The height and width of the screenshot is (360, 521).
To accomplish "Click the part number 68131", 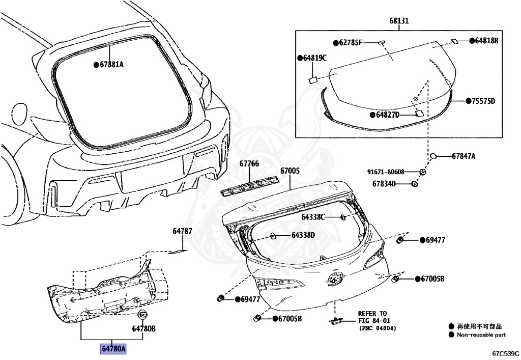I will pyautogui.click(x=399, y=21).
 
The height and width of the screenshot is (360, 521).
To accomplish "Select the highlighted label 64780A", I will pyautogui.click(x=113, y=349).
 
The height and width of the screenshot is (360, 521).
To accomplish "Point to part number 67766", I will pyautogui.click(x=249, y=164).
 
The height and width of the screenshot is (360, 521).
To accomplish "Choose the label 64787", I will pyautogui.click(x=182, y=231).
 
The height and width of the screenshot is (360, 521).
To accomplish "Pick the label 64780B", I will pyautogui.click(x=143, y=328).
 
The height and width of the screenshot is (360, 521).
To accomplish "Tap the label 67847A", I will pyautogui.click(x=464, y=156).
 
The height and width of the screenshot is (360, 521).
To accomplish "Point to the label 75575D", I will pyautogui.click(x=480, y=101).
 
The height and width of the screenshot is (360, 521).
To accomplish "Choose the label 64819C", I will pyautogui.click(x=314, y=58).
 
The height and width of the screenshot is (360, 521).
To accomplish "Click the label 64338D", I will pyautogui.click(x=303, y=235).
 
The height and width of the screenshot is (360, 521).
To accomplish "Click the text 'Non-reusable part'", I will pyautogui.click(x=481, y=335).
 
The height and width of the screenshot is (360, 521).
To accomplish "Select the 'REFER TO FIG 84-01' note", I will pyautogui.click(x=372, y=321).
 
